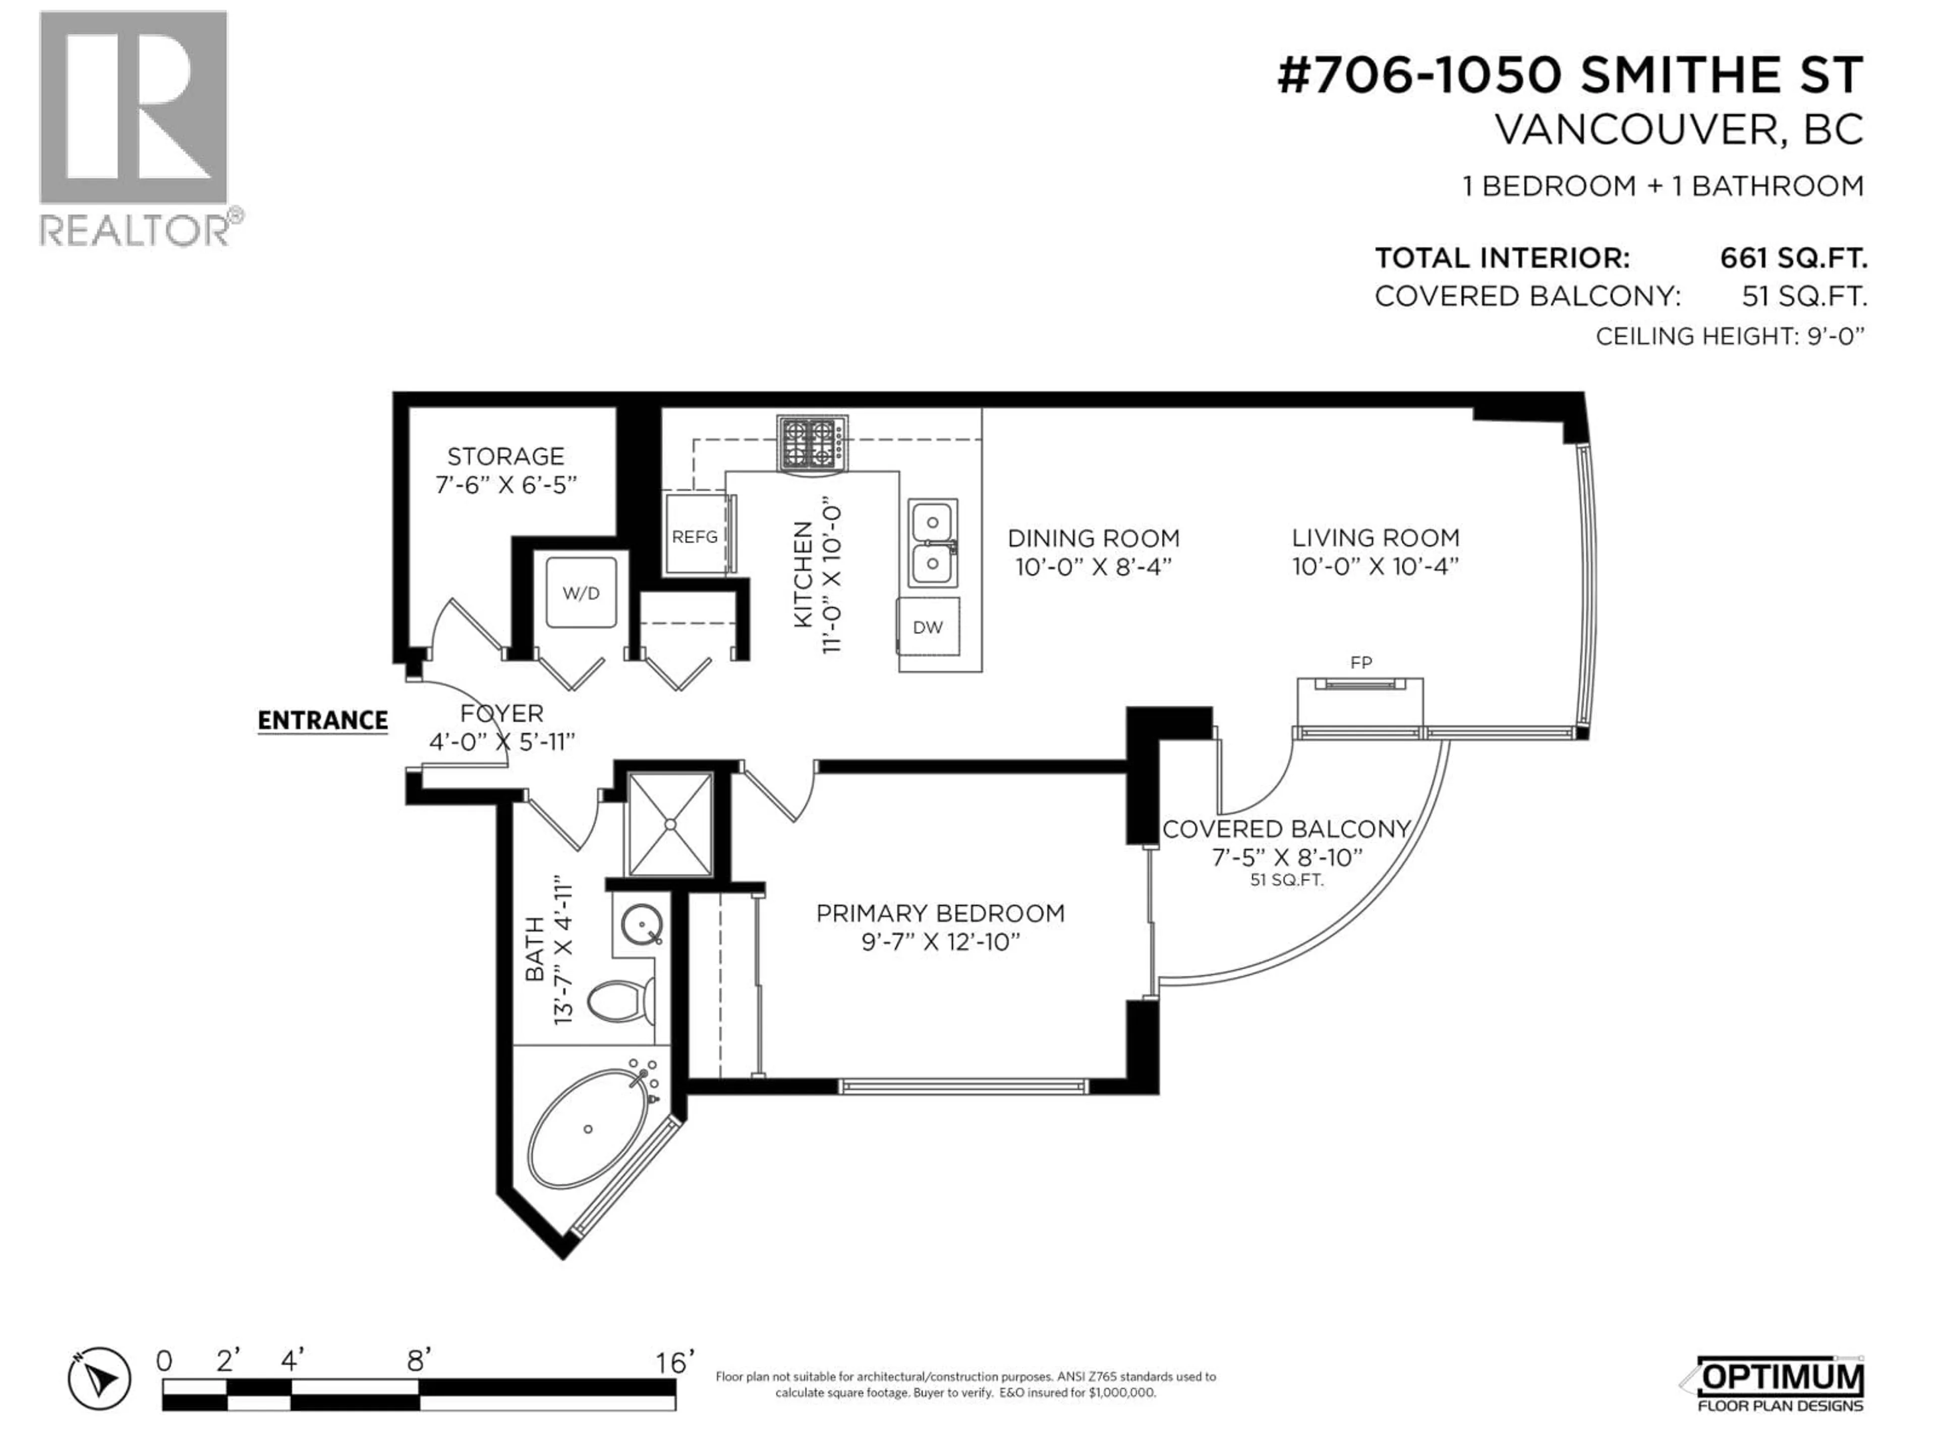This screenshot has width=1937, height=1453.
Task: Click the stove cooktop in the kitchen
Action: click(x=812, y=443)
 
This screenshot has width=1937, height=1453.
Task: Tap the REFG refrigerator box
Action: click(x=695, y=535)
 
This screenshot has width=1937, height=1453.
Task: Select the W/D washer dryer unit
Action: click(x=581, y=593)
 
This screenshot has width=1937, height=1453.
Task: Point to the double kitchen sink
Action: click(x=933, y=543)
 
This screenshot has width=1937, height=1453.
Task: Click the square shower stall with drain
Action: click(x=671, y=823)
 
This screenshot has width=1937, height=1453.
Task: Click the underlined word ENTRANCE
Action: click(x=322, y=720)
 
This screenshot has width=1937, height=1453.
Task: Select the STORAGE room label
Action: click(x=505, y=456)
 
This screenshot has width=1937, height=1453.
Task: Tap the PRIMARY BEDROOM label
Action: click(x=940, y=914)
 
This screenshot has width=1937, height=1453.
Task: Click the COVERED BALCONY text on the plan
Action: click(x=1285, y=828)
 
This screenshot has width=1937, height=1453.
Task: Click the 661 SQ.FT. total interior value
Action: click(x=1793, y=258)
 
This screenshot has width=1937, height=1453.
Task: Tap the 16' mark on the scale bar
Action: click(x=674, y=1362)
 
